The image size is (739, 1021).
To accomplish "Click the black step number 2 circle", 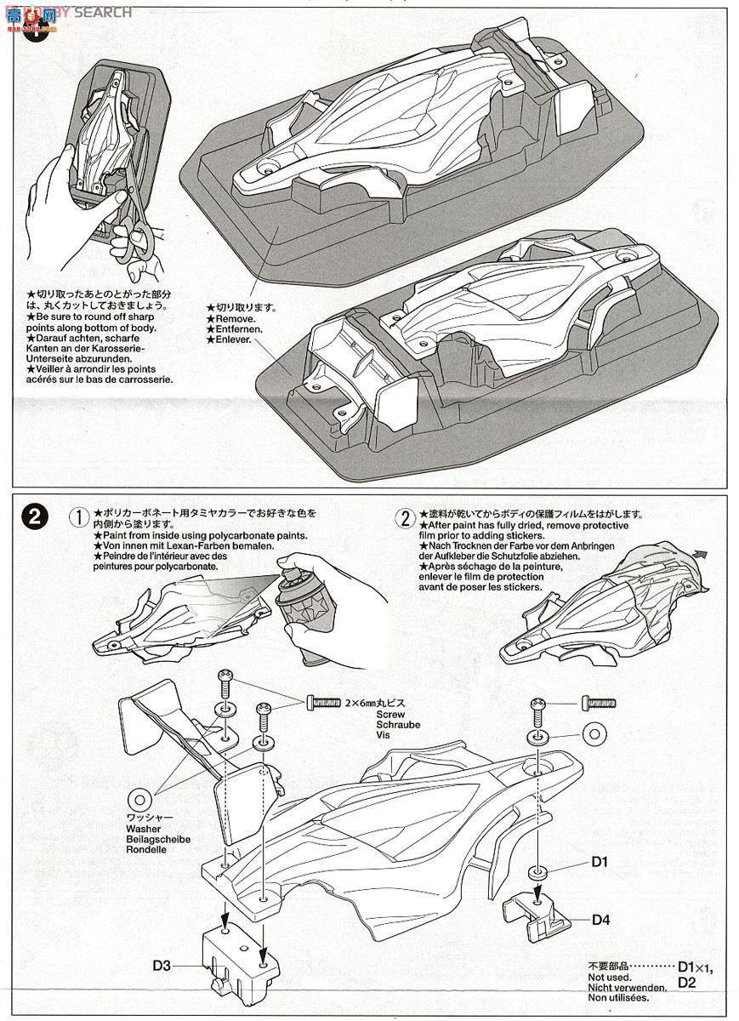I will pyautogui.click(x=33, y=516).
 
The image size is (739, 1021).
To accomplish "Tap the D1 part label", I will pyautogui.click(x=600, y=862).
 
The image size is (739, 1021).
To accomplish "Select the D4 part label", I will pyautogui.click(x=600, y=919).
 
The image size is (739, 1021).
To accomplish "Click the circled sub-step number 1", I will pyautogui.click(x=78, y=516).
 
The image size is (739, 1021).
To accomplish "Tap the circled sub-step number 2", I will pyautogui.click(x=405, y=516).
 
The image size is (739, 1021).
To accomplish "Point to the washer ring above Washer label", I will pyautogui.click(x=139, y=800).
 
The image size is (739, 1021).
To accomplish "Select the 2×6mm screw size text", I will pyautogui.click(x=366, y=703).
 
